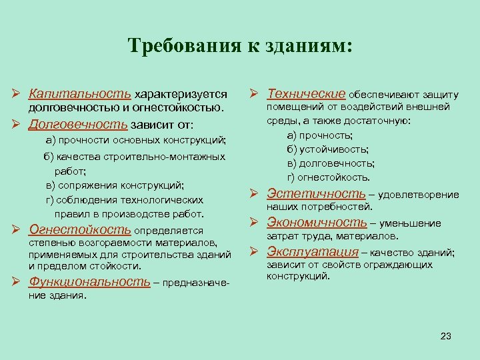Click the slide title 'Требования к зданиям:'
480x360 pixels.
[x=240, y=46]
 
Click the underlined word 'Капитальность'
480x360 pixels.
[x=80, y=94]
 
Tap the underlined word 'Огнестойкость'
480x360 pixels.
[x=80, y=230]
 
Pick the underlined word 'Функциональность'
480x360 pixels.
[x=89, y=281]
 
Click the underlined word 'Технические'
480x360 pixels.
[x=306, y=94]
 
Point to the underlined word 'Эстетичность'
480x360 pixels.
[x=316, y=194]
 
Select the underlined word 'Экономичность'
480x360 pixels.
[x=317, y=223]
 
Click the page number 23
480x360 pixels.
[x=446, y=335]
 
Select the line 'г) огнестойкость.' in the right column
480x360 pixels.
[x=328, y=177]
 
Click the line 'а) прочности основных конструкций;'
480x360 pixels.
[x=136, y=141]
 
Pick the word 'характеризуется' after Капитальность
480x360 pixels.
[x=181, y=95]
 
